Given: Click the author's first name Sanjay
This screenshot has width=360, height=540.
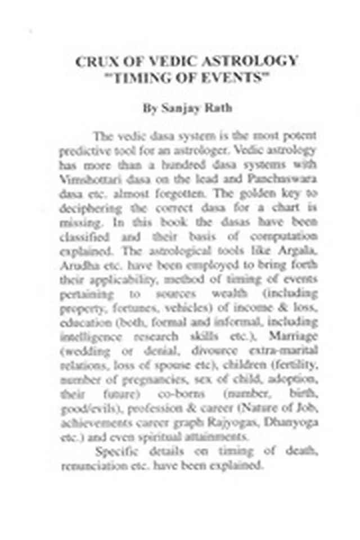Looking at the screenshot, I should (x=165, y=108).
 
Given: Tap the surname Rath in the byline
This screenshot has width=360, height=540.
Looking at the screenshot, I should (x=205, y=108).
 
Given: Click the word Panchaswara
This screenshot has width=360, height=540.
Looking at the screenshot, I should (x=286, y=178).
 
